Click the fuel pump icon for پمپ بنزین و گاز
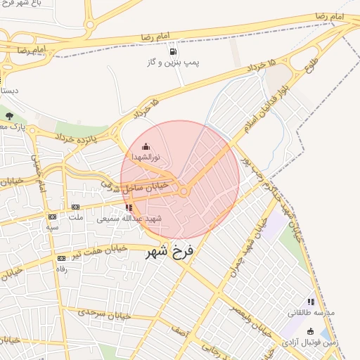[x=172, y=51]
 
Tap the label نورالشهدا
[x=146, y=156]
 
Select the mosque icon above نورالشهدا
[x=146, y=146]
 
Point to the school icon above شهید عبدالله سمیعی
[x=129, y=207]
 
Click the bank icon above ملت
[x=75, y=207]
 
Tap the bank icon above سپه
[x=52, y=217]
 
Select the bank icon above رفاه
[x=61, y=259]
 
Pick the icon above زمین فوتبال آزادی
[x=310, y=331]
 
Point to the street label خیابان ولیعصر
[x=251, y=317]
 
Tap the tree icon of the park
[x=9, y=116]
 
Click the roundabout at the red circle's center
[x=184, y=191]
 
